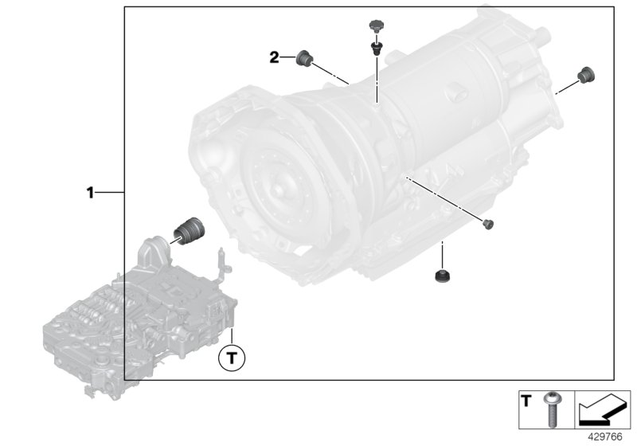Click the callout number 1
tap(91, 192)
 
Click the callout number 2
tap(274, 57)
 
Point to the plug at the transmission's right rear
tap(587, 74)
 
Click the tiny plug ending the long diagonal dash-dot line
tap(490, 223)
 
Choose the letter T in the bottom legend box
tap(526, 401)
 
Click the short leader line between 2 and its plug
tap(287, 57)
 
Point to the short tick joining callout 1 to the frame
tap(111, 192)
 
